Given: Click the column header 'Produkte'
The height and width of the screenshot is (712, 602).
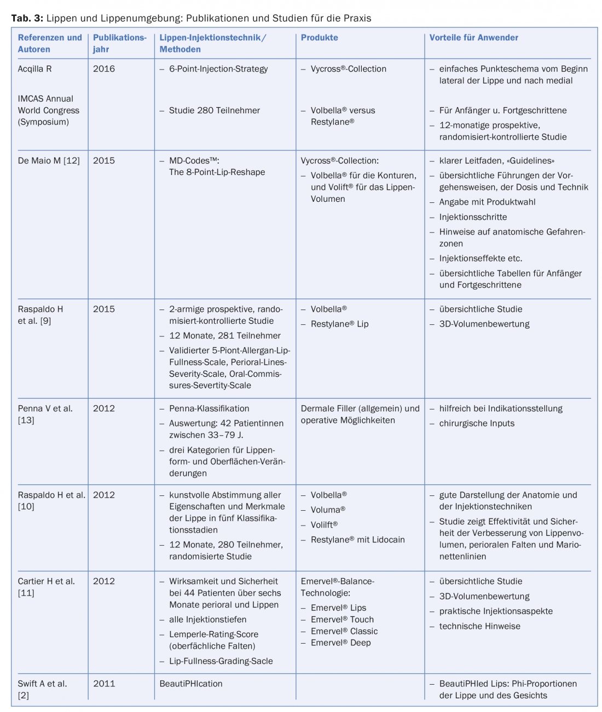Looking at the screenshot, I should pos(319,38).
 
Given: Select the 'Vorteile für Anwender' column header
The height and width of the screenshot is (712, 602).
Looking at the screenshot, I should pos(473,38).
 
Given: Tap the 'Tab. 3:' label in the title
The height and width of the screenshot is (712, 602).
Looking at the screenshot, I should pos(27,18).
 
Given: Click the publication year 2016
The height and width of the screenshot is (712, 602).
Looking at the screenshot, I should pos(104,69).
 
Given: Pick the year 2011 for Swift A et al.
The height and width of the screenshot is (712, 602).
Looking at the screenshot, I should pos(104,684).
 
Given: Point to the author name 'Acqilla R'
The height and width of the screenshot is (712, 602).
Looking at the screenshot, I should pos(35,69).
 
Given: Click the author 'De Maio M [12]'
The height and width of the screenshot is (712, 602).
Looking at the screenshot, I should pos(49,161).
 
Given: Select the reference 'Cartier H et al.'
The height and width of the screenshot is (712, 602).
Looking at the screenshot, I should pos(47,581).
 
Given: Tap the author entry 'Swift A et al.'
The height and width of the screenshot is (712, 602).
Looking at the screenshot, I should pos(43,684).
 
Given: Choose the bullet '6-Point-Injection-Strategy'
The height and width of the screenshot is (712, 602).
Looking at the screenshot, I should pos(218,69).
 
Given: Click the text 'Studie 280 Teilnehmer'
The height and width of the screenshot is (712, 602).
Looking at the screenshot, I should pos(215,110).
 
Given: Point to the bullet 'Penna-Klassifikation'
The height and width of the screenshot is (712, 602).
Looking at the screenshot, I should pos(209,408).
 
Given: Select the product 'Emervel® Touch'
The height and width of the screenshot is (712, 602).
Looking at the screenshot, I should pos(342,620).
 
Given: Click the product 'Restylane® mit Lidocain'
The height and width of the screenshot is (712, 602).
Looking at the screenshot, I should pos(357,540).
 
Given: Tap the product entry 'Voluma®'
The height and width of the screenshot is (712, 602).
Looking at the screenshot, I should pos(328,510).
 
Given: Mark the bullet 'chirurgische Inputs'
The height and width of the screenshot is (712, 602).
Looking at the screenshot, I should pos(477,423).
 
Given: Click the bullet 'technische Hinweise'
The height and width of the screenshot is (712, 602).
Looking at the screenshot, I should pos(479,626).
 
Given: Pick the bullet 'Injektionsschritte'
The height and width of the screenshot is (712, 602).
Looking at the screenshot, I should pos(473,217).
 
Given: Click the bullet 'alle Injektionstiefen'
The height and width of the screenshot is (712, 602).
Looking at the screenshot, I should pos(207,620).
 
